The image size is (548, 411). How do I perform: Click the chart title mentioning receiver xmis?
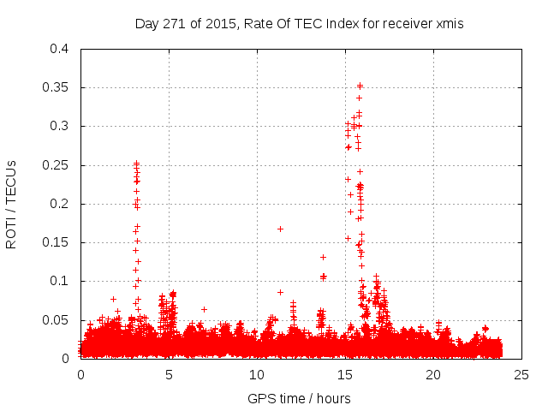(x=299, y=23)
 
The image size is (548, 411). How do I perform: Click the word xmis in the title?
(x=448, y=23)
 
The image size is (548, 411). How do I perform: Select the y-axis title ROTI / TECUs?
(x=11, y=204)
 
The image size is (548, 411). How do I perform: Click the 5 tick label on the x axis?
(x=169, y=374)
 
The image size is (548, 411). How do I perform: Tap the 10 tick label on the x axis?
(x=257, y=374)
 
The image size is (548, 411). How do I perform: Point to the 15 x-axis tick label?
(x=345, y=374)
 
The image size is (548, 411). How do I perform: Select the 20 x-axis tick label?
(x=433, y=374)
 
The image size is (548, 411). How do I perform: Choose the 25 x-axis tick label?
(x=521, y=374)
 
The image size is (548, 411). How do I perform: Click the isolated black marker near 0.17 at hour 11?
(x=280, y=229)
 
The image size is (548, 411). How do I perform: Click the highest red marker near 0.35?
(x=360, y=85)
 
